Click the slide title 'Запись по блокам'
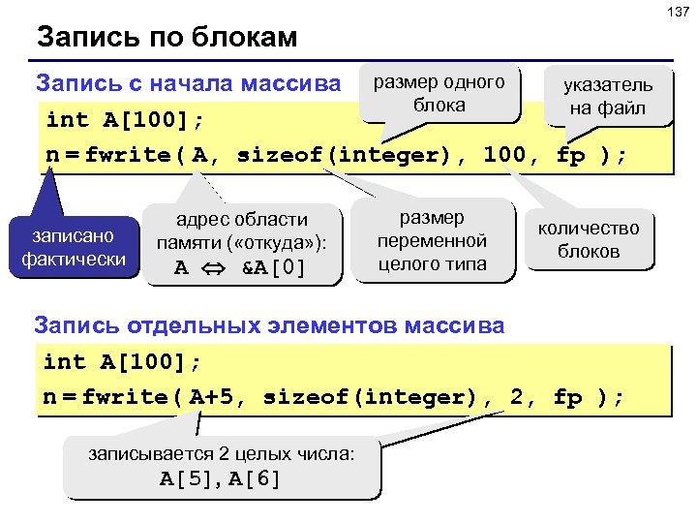(167, 39)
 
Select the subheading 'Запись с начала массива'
(187, 83)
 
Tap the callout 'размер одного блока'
(439, 93)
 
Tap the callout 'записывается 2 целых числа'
(221, 465)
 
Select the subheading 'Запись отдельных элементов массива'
(269, 325)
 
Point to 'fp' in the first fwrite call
(571, 155)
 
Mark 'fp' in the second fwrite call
(568, 397)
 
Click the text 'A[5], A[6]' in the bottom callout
(221, 478)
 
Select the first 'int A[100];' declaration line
(126, 120)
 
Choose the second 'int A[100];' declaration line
(123, 362)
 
